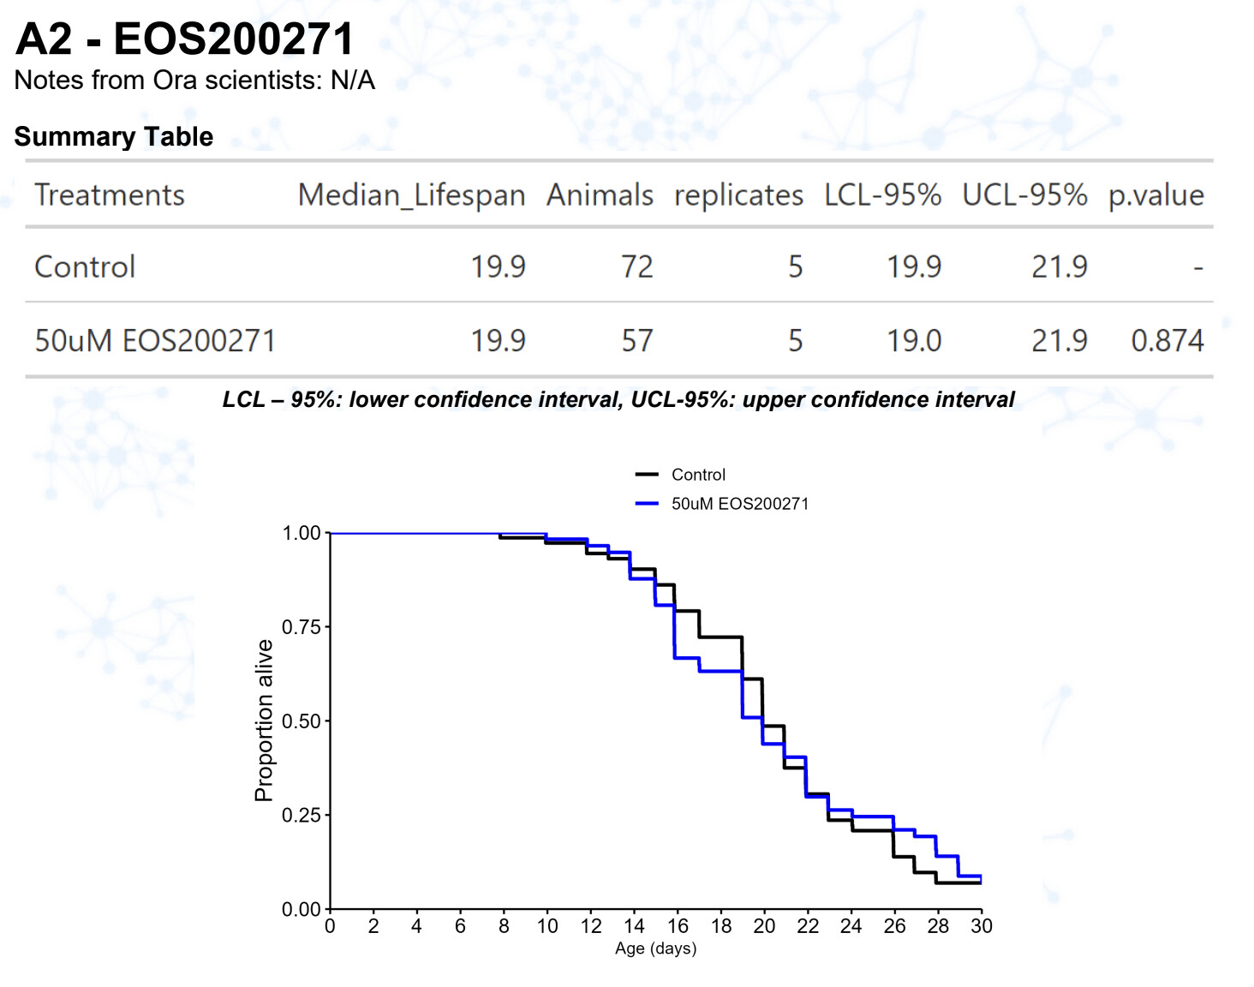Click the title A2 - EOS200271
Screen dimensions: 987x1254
[184, 39]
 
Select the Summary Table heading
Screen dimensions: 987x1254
[114, 136]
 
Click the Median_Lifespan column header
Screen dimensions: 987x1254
[411, 195]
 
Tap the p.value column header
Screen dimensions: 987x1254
[1155, 195]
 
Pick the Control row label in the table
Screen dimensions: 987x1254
[85, 267]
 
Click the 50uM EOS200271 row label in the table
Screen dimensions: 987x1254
[155, 341]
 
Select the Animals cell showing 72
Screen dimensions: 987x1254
[636, 267]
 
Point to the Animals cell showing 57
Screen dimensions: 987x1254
[636, 341]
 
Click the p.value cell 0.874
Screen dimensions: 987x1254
[1167, 341]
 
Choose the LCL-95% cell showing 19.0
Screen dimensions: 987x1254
[913, 341]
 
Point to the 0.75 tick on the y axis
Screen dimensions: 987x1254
[301, 627]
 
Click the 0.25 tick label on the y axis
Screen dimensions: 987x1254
[301, 815]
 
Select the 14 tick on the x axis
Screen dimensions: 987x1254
[634, 926]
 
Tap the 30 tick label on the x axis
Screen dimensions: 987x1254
[982, 926]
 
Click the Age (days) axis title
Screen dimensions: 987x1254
[655, 948]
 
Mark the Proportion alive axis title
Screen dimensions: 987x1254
[264, 721]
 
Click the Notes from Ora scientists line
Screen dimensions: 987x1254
[194, 81]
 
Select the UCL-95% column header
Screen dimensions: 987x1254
[1024, 195]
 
